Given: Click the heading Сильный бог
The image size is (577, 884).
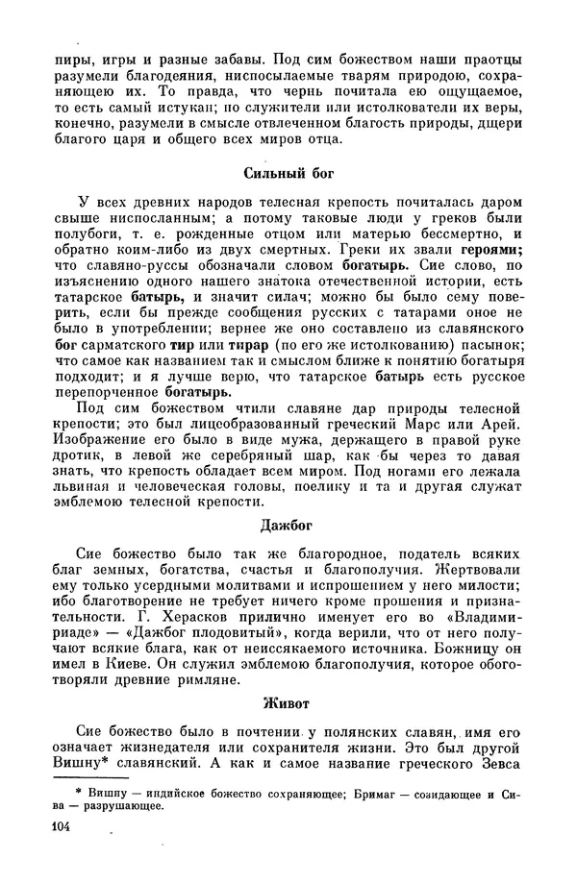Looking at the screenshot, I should pyautogui.click(x=287, y=175).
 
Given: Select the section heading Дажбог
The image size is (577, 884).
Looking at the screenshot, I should pyautogui.click(x=287, y=526).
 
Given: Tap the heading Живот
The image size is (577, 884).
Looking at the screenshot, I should pyautogui.click(x=287, y=703).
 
